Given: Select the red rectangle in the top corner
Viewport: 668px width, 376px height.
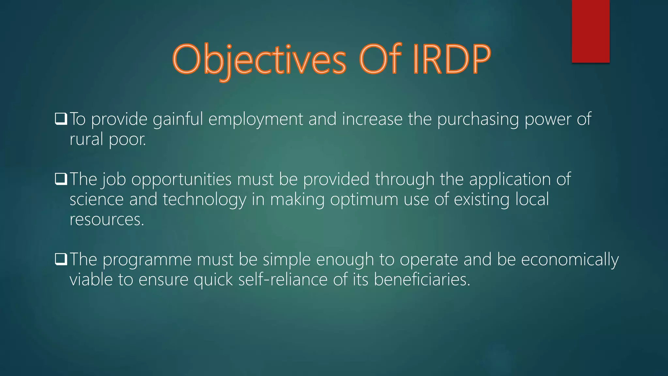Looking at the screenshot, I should (590, 31).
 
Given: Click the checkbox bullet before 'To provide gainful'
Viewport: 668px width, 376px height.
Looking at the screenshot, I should (61, 119).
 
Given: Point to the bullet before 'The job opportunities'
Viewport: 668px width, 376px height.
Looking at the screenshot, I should (61, 179).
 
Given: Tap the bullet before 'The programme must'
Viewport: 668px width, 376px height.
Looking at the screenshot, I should (61, 259).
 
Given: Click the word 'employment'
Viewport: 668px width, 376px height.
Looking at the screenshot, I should (256, 119).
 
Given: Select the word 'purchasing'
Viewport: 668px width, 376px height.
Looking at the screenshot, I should (478, 119).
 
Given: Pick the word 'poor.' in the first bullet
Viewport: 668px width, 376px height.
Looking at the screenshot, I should (127, 139).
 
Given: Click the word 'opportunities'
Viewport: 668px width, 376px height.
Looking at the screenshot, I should (181, 180).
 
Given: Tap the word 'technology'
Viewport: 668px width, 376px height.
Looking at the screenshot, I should (205, 199).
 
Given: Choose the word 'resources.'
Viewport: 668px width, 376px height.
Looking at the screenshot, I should (107, 219).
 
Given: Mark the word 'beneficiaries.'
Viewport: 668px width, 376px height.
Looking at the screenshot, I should (422, 280).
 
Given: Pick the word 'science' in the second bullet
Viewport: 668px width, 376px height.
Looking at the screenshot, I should (97, 199).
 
